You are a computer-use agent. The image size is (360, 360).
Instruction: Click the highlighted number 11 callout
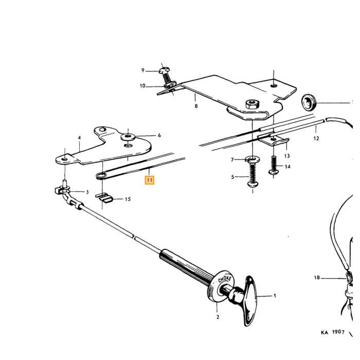150,180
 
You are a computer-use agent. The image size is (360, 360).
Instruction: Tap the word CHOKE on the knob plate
225,279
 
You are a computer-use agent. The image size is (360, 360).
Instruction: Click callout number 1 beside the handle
275,296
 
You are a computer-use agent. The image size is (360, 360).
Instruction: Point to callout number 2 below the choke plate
218,317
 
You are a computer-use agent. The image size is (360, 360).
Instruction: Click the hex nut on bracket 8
252,104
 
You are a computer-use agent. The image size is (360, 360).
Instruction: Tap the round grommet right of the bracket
309,103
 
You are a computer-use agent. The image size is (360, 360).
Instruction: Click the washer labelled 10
170,85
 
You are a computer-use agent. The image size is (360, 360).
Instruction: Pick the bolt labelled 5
253,174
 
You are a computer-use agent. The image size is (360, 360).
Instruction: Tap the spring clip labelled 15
104,198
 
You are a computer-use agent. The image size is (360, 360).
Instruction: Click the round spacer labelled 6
129,137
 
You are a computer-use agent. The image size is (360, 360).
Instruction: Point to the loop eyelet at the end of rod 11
100,176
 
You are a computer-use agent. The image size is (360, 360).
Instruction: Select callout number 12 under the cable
316,138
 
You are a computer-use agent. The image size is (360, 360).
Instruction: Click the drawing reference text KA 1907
333,332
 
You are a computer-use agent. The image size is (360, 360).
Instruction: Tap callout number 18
317,278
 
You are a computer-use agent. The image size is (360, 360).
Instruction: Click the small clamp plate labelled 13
273,140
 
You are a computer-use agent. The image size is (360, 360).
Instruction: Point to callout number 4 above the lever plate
79,138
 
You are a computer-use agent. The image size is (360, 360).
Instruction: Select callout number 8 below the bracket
196,106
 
